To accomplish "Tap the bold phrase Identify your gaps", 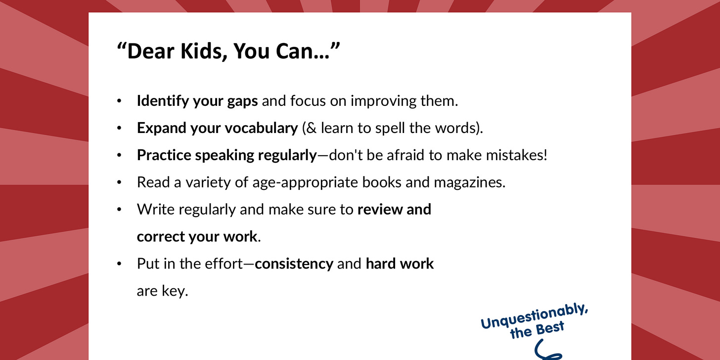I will point(197,101).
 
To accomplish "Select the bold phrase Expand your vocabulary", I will point(217,128).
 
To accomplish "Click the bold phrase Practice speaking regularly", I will point(226,155).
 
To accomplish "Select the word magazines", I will point(469,182).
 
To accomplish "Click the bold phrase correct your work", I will point(197,236).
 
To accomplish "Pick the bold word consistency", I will point(294,264).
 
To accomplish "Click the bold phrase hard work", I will point(400,264).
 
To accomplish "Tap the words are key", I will point(162,291).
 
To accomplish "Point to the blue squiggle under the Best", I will point(547,354).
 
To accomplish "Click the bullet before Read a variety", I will point(119,182).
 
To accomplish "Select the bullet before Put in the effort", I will point(119,264).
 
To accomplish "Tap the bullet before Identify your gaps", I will point(119,101).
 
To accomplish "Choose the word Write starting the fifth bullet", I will point(153,209).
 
